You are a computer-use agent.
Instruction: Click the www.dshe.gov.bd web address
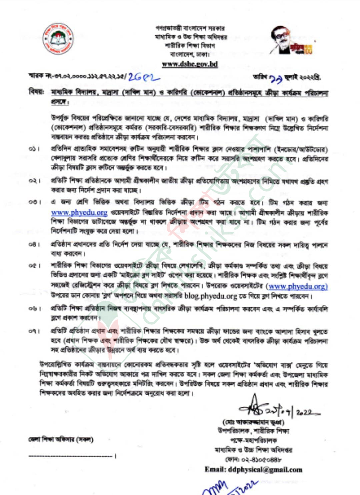point(190,64)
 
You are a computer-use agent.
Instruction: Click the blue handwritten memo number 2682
point(144,77)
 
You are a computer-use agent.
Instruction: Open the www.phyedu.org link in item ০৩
point(79,212)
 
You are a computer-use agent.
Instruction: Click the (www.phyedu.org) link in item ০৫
point(297,286)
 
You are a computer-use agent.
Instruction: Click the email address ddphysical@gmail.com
point(253,470)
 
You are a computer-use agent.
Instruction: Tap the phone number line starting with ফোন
point(253,460)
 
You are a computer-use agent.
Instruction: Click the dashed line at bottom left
point(72,456)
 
